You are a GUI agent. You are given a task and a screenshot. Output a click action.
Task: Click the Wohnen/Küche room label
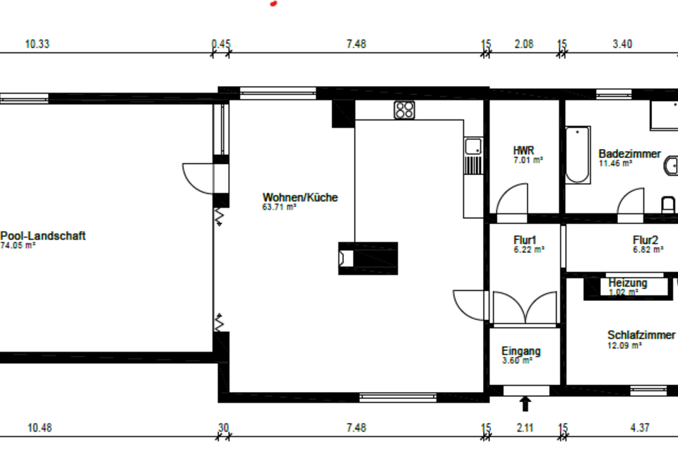pyautogui.click(x=300, y=197)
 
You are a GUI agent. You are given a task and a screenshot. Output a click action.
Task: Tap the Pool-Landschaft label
pyautogui.click(x=43, y=236)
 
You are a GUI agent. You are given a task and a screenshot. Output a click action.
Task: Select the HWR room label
pyautogui.click(x=523, y=150)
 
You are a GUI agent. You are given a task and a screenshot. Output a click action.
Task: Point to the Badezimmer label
pyautogui.click(x=629, y=153)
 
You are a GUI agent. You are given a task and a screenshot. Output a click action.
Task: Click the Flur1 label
pyautogui.click(x=525, y=240)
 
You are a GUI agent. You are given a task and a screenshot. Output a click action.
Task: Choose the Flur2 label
pyautogui.click(x=646, y=240)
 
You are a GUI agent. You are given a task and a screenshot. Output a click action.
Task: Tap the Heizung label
pyautogui.click(x=628, y=283)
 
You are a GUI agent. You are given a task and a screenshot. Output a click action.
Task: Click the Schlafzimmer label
pyautogui.click(x=641, y=335)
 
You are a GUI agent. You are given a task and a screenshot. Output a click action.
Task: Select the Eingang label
pyautogui.click(x=521, y=351)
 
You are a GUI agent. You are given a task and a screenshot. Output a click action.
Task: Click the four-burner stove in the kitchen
pyautogui.click(x=404, y=110)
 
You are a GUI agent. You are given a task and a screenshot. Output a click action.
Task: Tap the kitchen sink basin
pyautogui.click(x=473, y=146)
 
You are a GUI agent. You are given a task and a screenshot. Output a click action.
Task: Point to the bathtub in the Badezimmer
pyautogui.click(x=578, y=155)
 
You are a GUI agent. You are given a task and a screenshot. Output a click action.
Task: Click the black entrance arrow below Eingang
pyautogui.click(x=525, y=403)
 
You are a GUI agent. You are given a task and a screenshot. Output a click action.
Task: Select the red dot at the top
pyautogui.click(x=273, y=4)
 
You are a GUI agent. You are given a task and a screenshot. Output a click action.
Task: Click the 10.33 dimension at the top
pyautogui.click(x=37, y=44)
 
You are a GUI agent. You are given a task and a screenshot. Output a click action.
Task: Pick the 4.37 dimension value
pyautogui.click(x=640, y=428)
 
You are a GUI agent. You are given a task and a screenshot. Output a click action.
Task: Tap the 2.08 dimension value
pyautogui.click(x=524, y=44)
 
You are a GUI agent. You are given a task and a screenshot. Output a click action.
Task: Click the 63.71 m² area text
pyautogui.click(x=279, y=207)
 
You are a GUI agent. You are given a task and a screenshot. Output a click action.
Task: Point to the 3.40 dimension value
pyautogui.click(x=622, y=44)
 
